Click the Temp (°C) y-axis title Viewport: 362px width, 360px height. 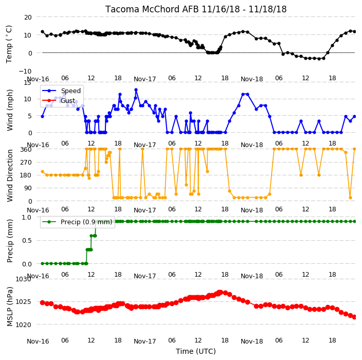9,44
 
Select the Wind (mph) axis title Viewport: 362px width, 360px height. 10,110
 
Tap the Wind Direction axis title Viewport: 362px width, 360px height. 10,175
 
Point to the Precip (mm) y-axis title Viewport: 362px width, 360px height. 10,241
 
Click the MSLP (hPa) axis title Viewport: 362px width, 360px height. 10,307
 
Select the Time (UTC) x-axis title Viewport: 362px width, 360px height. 196,351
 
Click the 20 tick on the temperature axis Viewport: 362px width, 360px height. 28,17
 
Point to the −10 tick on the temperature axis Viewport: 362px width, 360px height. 25,71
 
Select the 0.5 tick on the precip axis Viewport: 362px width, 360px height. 27,240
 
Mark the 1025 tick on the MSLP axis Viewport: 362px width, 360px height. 23,302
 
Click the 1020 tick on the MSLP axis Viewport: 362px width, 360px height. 23,325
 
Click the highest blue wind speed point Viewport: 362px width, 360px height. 136,90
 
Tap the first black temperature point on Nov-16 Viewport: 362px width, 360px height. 43,32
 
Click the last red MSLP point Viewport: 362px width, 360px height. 355,317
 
